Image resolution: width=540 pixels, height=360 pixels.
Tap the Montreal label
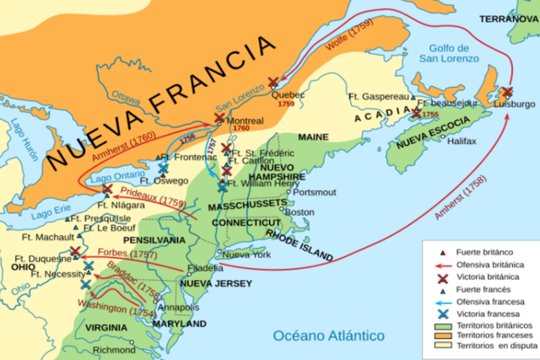click(x=247, y=121)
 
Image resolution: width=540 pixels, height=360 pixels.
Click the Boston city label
click(x=302, y=212)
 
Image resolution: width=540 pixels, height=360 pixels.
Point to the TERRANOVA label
click(x=507, y=17)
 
